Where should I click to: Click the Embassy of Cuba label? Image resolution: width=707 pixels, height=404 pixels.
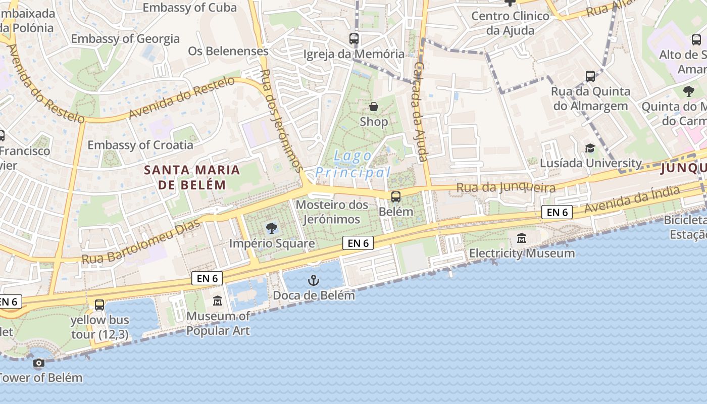[x=189, y=8]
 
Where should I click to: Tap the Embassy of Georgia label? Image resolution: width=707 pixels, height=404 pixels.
[x=125, y=39]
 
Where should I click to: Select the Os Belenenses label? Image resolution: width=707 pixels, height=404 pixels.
[x=228, y=51]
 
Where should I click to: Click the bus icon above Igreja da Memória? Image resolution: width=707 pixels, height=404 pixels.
[x=354, y=38]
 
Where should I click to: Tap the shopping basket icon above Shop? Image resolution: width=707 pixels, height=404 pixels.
[x=374, y=107]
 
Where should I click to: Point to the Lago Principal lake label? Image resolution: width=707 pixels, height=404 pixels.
[x=353, y=164]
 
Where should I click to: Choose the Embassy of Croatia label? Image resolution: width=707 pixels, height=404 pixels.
[x=140, y=145]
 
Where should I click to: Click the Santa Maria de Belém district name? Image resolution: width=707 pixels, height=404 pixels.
[x=191, y=177]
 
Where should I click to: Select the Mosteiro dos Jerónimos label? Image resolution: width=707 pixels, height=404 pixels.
[x=332, y=212]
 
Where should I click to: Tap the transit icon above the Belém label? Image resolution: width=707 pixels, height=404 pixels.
[x=396, y=197]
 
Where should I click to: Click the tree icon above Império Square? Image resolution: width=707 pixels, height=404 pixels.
[x=272, y=228]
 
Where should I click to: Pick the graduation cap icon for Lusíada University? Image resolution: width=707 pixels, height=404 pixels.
[x=590, y=148]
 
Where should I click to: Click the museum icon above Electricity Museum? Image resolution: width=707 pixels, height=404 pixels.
[x=522, y=238]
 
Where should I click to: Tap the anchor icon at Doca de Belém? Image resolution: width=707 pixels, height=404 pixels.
[x=314, y=280]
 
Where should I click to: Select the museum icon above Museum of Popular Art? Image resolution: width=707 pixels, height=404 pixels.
[x=218, y=301]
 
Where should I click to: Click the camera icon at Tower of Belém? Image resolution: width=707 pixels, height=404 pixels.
[x=38, y=363]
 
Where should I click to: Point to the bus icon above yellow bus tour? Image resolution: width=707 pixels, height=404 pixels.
[x=99, y=305]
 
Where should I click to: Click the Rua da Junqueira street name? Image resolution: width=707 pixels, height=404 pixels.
[x=506, y=187]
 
